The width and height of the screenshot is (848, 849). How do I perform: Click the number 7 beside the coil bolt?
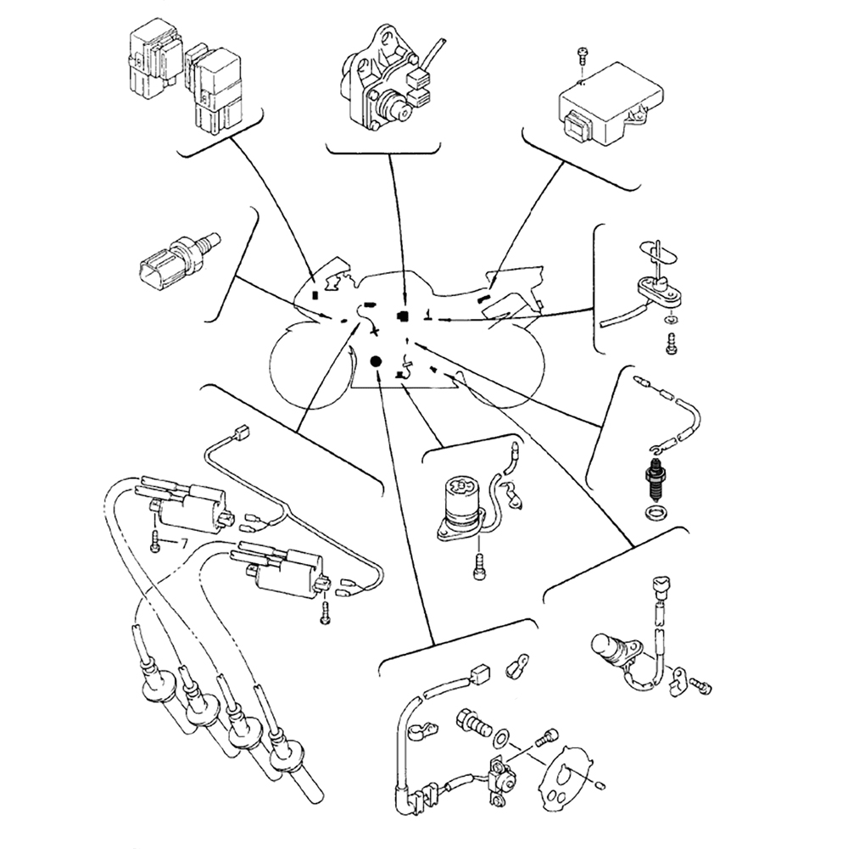(181, 542)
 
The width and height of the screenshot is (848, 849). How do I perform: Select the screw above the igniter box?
(581, 55)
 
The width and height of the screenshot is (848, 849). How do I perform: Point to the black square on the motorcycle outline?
(403, 316)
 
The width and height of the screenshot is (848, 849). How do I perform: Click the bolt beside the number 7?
(155, 543)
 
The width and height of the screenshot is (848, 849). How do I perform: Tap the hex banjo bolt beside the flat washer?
(472, 723)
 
